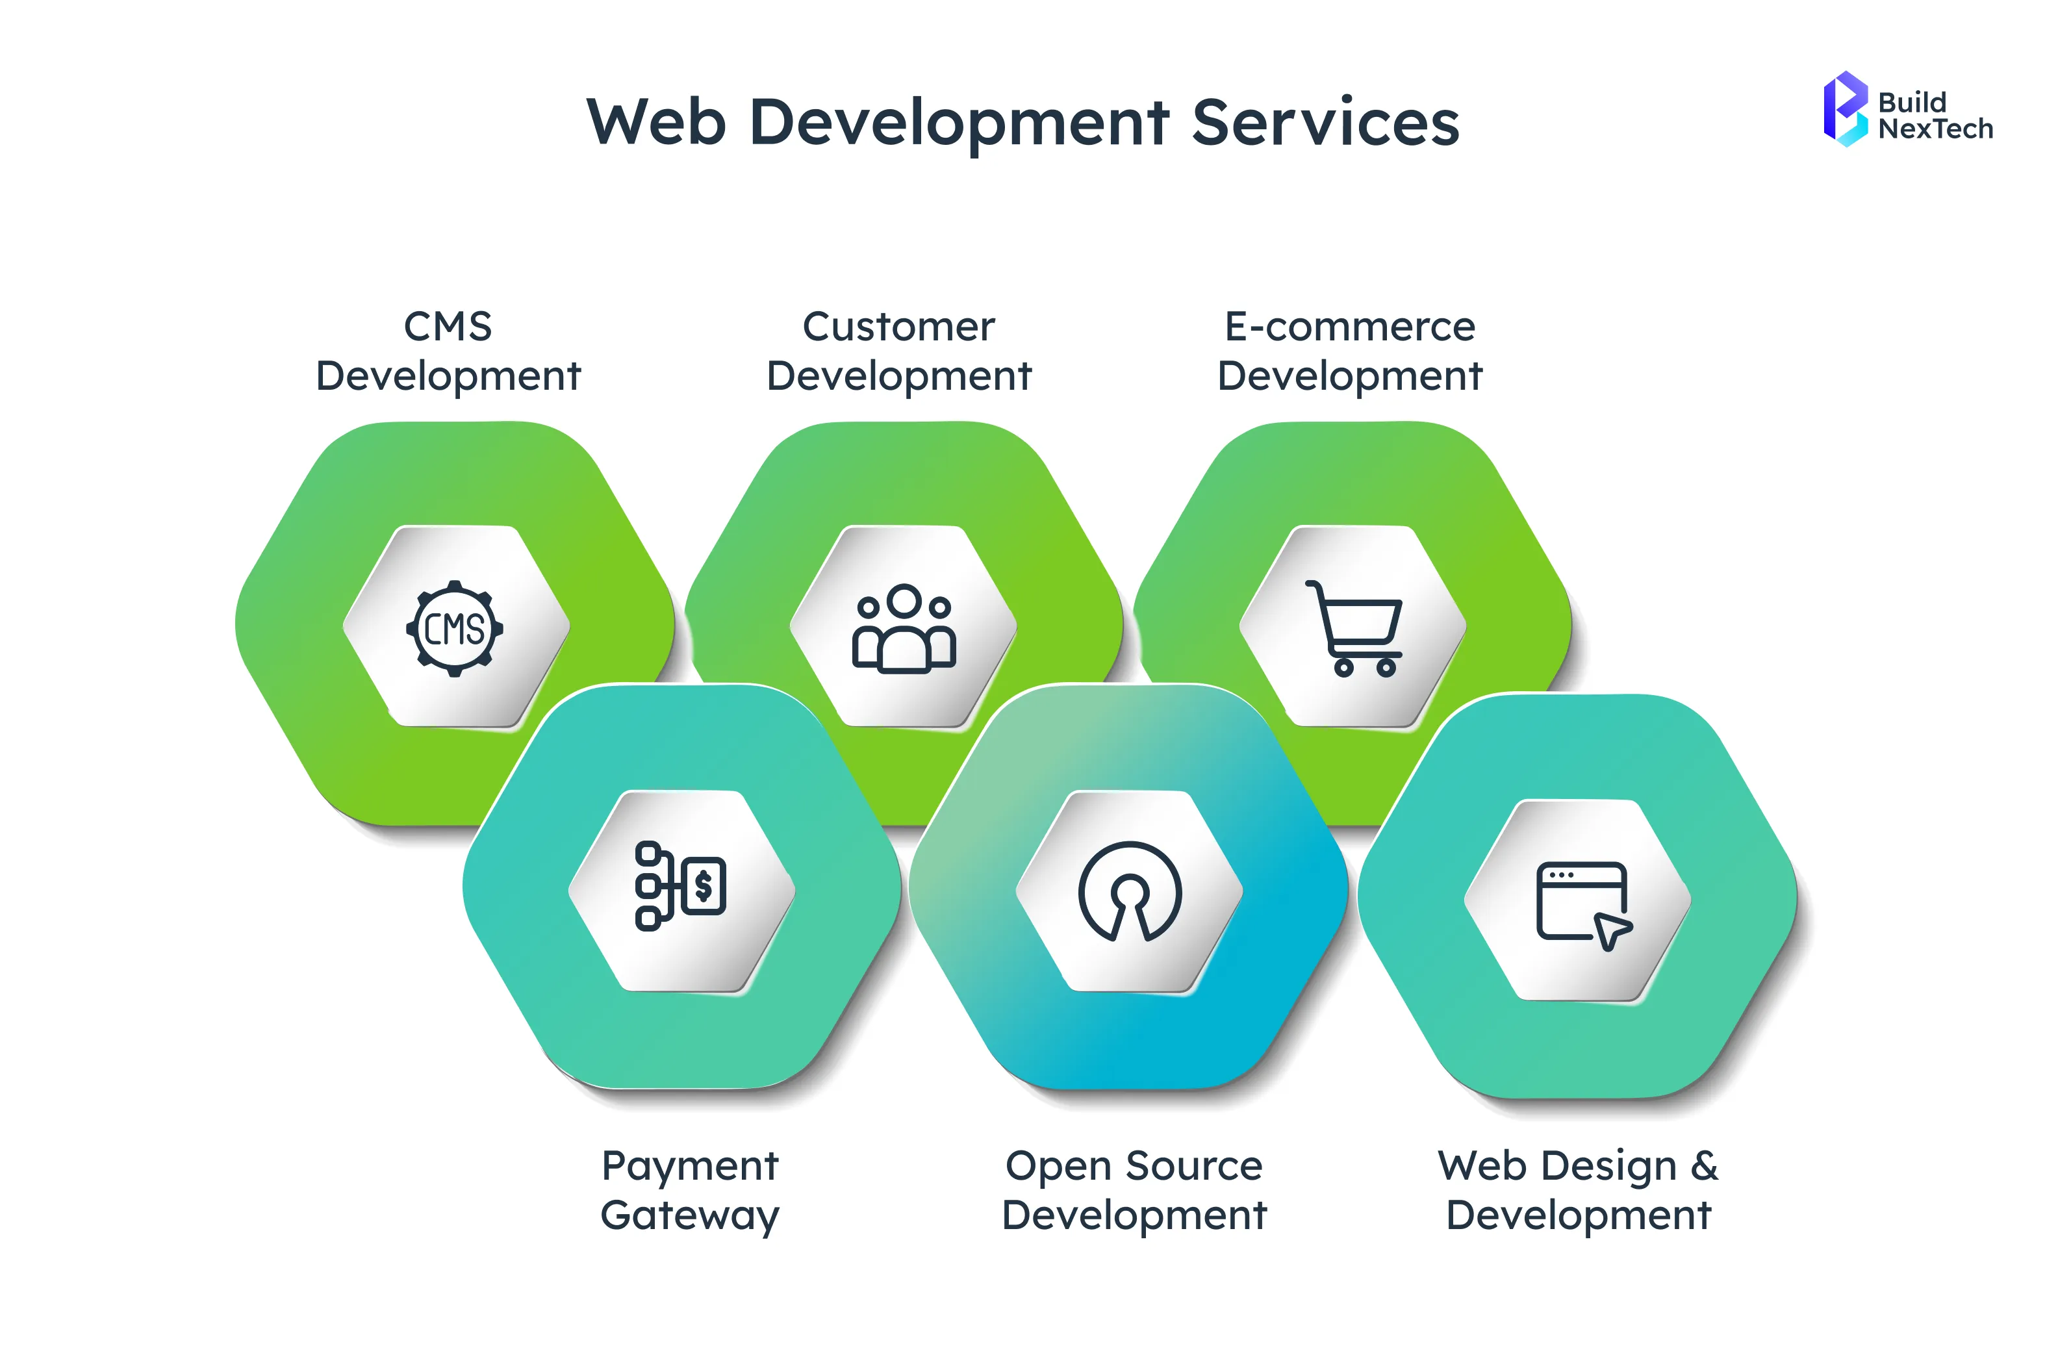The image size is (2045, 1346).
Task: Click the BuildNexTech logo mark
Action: point(1844,109)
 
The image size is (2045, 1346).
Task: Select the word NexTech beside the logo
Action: point(1935,129)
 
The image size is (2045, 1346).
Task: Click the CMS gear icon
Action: point(455,629)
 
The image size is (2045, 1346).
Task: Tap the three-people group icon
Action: point(903,628)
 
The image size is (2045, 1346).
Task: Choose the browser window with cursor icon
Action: point(1582,904)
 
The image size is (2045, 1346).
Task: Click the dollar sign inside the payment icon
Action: point(704,885)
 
